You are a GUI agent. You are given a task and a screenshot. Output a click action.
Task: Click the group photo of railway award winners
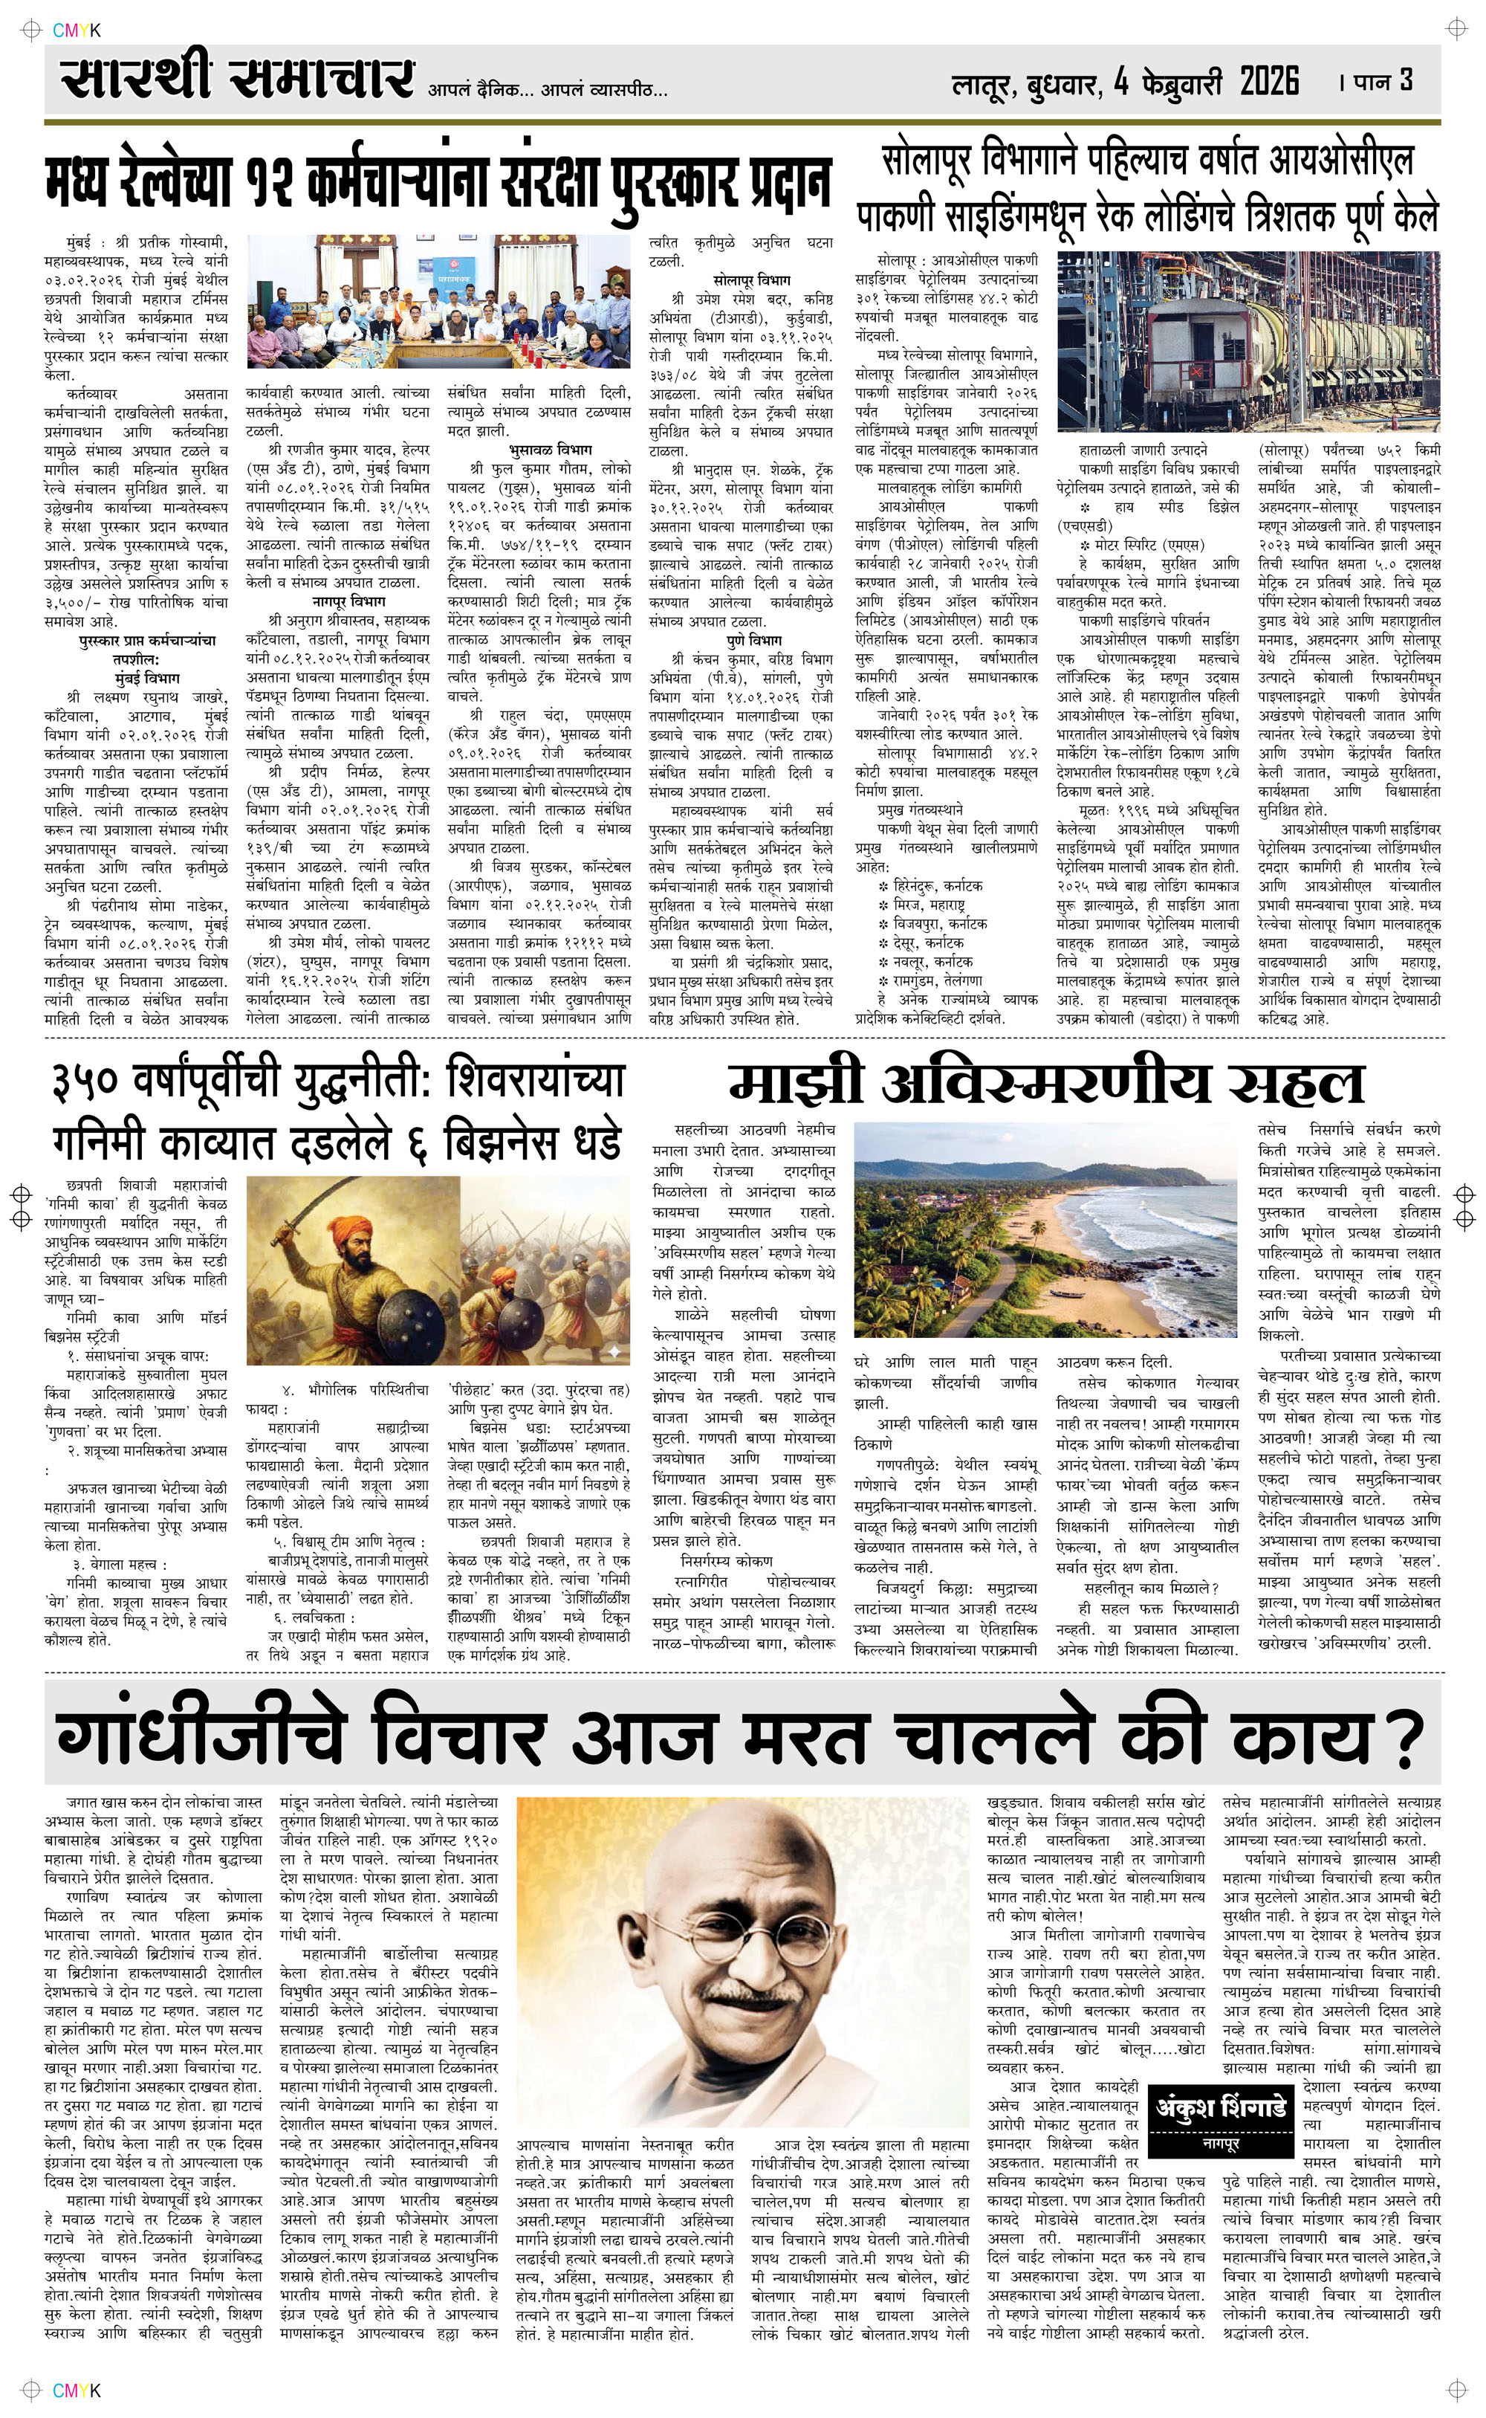click(x=438, y=305)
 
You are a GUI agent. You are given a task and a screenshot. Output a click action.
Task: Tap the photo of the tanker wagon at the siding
click(x=1248, y=341)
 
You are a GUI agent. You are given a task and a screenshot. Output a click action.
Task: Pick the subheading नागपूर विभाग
click(x=338, y=601)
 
